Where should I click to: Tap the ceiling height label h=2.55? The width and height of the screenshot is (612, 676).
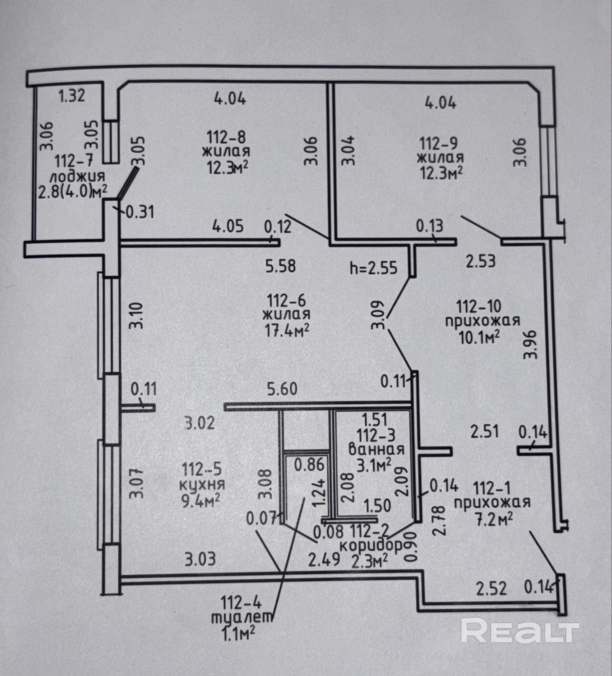(x=373, y=268)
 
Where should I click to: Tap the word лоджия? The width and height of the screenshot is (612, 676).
(x=77, y=177)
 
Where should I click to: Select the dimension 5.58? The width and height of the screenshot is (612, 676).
(x=280, y=266)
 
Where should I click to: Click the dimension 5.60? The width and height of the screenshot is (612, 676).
(x=282, y=389)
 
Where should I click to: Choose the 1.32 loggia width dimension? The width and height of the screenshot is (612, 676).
(x=71, y=96)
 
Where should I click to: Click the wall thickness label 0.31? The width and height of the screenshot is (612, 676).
(x=140, y=213)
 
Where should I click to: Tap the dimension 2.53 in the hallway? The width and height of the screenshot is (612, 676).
(x=480, y=261)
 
